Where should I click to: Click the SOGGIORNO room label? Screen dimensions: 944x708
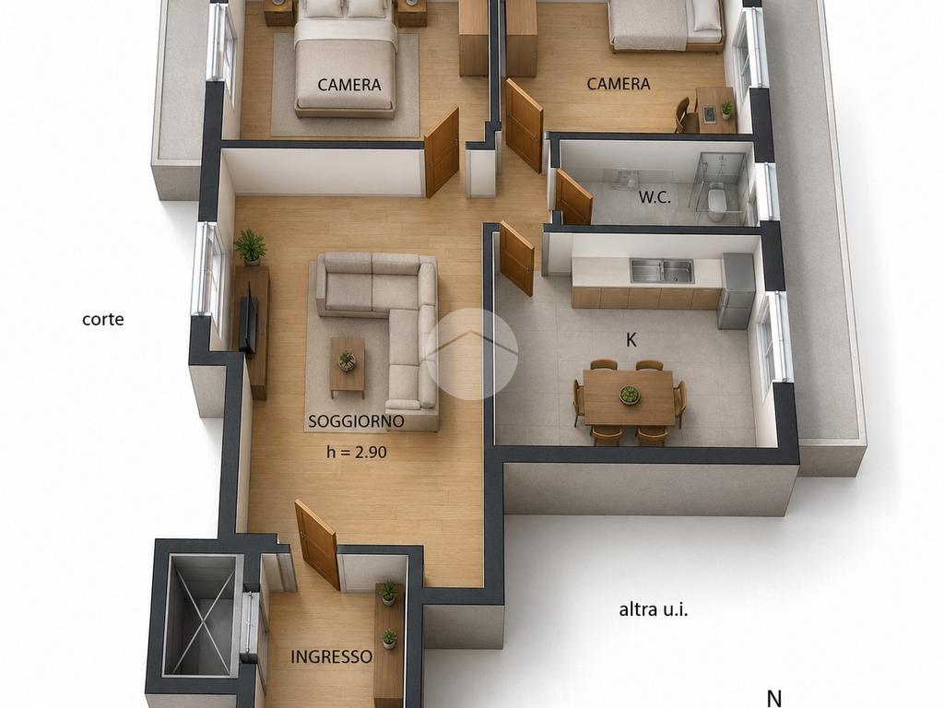tap(356, 421)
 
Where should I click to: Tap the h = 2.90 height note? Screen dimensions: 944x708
tap(357, 452)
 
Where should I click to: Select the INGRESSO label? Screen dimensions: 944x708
tap(331, 656)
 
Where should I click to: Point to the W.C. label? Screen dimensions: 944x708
tap(655, 197)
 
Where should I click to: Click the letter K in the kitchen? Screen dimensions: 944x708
tap(631, 340)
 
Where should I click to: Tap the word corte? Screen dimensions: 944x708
tap(103, 319)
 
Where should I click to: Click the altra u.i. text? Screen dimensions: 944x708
tap(654, 610)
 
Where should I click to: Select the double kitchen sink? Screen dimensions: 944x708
tap(662, 271)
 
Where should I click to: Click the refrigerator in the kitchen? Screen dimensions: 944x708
tap(736, 290)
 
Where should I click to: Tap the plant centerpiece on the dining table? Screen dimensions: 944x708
tap(630, 395)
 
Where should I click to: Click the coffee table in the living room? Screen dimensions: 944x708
tap(347, 367)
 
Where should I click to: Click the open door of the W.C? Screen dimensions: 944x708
tap(573, 197)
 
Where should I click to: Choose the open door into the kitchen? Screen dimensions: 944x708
tap(516, 258)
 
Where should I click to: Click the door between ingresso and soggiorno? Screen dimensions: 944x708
tap(317, 544)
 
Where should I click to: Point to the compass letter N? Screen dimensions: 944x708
tap(774, 699)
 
